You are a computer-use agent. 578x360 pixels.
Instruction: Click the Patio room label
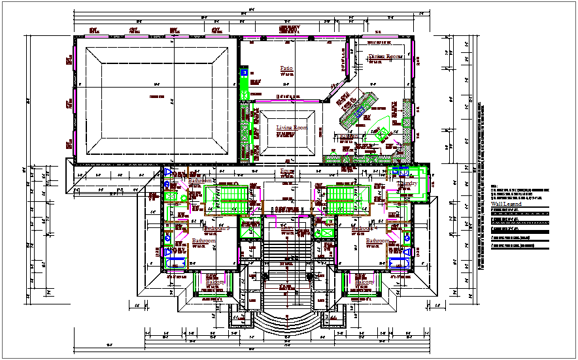tap(286, 69)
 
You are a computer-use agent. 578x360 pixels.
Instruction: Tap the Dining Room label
tap(384, 57)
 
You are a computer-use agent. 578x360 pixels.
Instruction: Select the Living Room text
tap(291, 128)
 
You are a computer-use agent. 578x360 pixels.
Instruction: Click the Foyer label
tap(286, 172)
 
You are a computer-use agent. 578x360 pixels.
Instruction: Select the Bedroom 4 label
tap(363, 229)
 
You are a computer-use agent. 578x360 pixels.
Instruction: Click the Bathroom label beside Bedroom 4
tap(377, 241)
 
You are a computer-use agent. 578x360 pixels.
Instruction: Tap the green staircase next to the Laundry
tap(346, 199)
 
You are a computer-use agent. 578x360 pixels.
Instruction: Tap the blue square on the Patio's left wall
tap(245, 74)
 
